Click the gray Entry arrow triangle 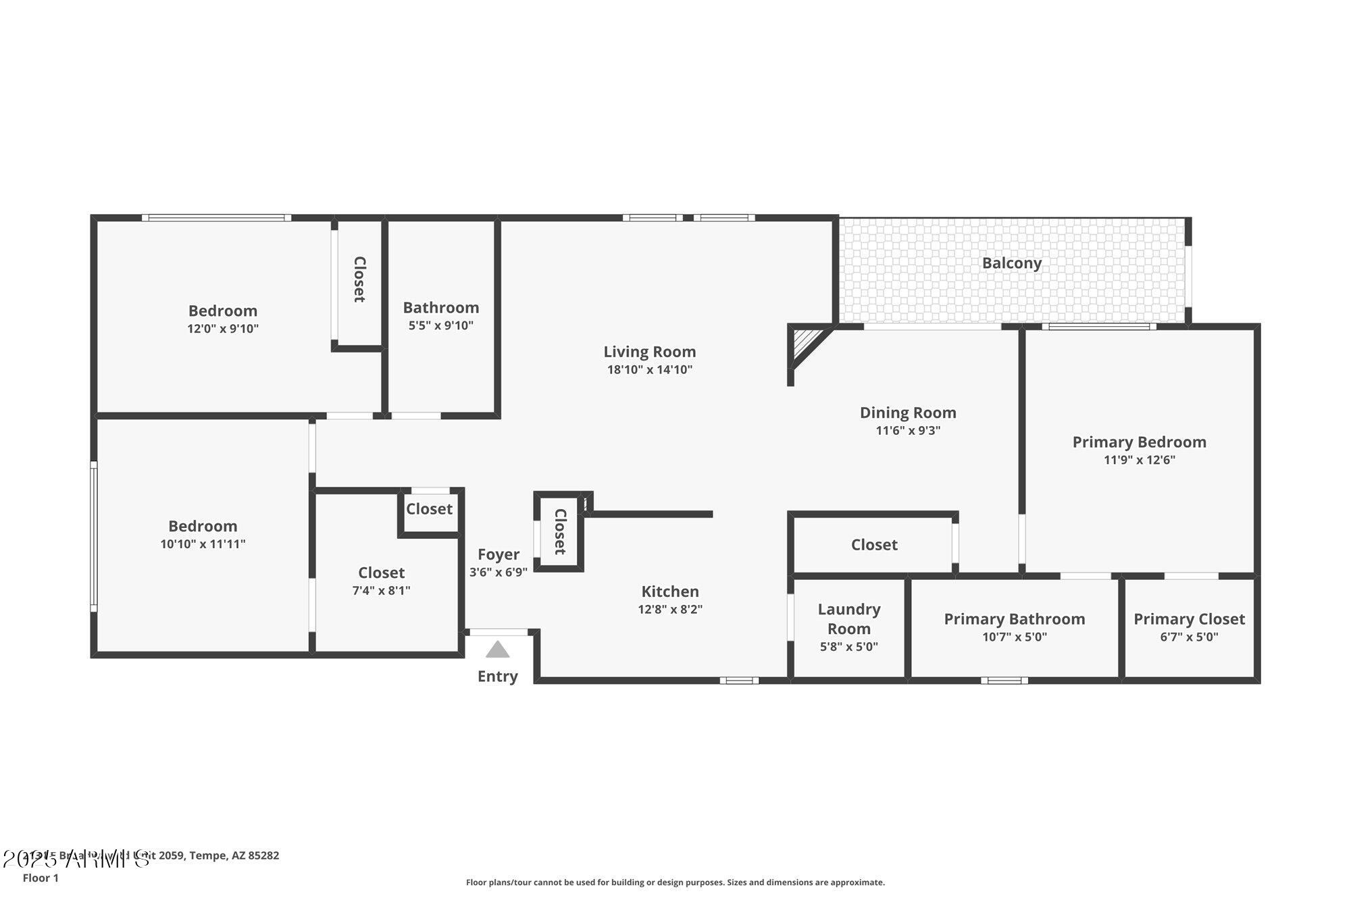497,650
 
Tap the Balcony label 1011,263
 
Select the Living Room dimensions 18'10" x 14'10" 649,369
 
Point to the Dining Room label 907,413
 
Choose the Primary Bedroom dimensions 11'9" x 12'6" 1139,460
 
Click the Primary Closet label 1189,619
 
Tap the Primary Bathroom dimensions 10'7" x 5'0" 1014,637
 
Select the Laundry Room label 849,618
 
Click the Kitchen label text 669,591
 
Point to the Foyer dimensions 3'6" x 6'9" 499,572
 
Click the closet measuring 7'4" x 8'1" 381,580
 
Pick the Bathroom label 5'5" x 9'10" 440,315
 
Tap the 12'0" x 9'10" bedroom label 223,319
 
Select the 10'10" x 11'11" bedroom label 203,534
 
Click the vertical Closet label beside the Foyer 559,531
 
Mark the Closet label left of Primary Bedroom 873,545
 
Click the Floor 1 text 41,878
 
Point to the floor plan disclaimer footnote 675,882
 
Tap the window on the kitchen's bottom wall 738,681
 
